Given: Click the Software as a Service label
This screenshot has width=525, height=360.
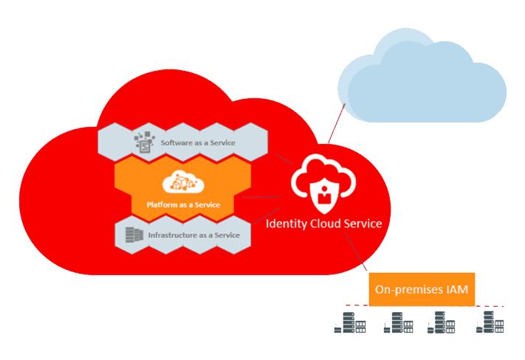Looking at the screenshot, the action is [x=198, y=143].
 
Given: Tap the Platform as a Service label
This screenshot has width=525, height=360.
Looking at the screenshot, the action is [x=183, y=205].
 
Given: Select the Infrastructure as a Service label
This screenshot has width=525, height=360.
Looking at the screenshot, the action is [x=194, y=235].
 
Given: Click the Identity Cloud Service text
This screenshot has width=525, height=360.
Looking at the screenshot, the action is [x=323, y=224].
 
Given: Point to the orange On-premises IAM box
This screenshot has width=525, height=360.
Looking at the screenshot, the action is [x=422, y=289].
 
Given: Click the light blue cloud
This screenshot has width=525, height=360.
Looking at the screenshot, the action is [x=422, y=76].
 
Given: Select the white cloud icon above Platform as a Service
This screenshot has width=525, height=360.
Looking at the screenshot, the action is [x=183, y=182].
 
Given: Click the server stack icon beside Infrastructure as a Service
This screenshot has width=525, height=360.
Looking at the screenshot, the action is [x=134, y=235].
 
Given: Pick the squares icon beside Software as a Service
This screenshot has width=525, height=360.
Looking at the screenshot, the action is [x=144, y=142].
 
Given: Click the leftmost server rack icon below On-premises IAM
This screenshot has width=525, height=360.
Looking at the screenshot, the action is [x=350, y=322].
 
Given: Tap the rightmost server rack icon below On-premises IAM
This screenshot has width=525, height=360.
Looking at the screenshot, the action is [x=490, y=322].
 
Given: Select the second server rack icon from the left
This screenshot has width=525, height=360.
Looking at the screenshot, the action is [x=399, y=322].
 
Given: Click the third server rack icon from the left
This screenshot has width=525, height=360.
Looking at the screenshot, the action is [x=442, y=322].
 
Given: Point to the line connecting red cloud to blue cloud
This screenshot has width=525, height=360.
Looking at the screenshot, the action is [x=337, y=123].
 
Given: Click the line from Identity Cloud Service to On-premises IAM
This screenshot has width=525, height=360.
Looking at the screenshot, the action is [x=356, y=252].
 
